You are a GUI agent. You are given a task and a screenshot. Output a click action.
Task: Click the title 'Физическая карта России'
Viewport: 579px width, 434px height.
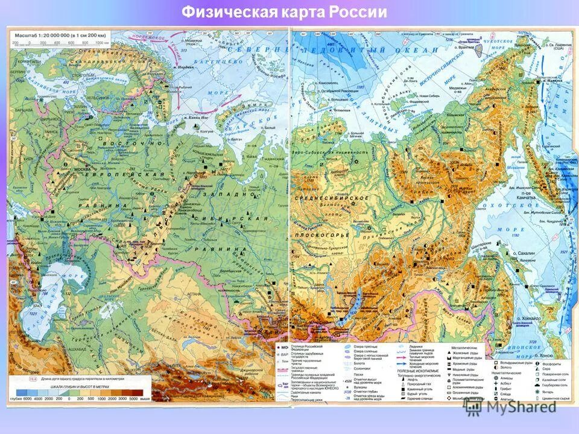(285, 11)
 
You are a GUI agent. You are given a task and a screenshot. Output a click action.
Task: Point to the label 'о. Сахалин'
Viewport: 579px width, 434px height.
(523, 255)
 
